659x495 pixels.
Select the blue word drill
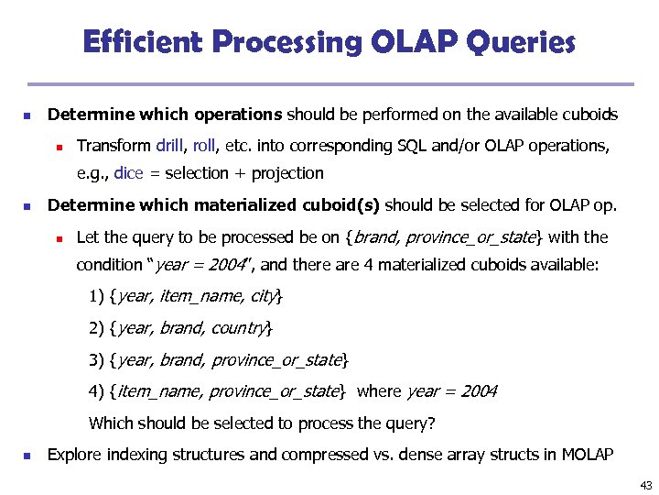pyautogui.click(x=170, y=145)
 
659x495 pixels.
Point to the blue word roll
pyautogui.click(x=206, y=145)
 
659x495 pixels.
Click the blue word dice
pyautogui.click(x=129, y=172)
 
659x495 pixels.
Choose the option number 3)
pyautogui.click(x=96, y=359)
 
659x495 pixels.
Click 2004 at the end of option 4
pyautogui.click(x=479, y=391)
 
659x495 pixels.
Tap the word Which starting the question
pyautogui.click(x=110, y=423)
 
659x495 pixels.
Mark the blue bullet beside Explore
pyautogui.click(x=28, y=456)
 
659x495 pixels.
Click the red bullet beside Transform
pyautogui.click(x=58, y=146)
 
